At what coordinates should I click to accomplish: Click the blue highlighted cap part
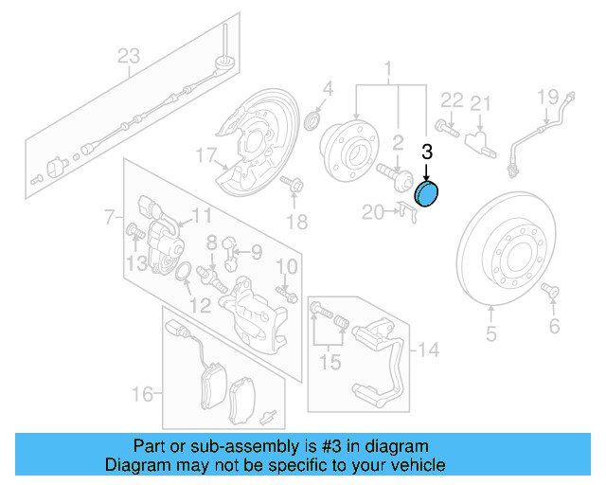428,195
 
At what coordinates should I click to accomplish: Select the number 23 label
128,56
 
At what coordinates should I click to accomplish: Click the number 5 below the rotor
491,332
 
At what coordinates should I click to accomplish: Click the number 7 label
109,215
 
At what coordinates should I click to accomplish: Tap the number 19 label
548,97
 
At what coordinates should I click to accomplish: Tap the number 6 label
554,327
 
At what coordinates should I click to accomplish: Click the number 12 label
200,305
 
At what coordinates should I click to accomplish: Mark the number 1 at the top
386,68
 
